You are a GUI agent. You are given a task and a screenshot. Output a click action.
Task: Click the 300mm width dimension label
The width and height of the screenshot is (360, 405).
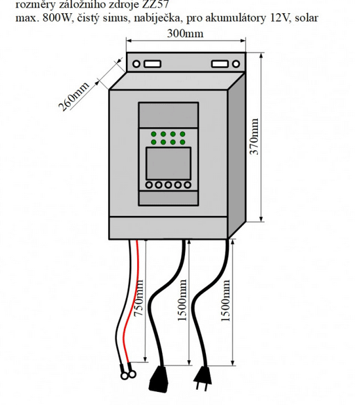185,33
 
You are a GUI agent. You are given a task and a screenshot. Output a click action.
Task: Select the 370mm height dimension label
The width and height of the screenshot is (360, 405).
255,137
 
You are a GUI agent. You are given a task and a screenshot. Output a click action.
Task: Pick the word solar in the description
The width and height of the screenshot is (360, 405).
305,18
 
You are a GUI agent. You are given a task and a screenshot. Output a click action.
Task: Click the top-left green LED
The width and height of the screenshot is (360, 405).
153,134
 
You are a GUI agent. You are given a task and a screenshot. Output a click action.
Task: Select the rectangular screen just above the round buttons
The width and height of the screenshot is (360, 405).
168,162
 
